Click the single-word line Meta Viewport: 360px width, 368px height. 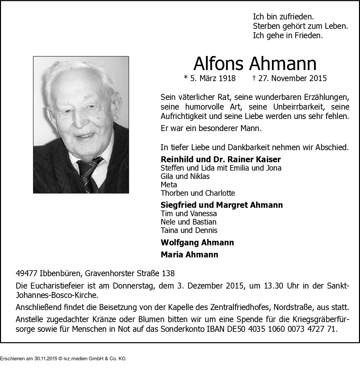pyautogui.click(x=169, y=185)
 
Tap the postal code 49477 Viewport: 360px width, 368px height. pyautogui.click(x=26, y=273)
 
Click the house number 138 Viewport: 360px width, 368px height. pyautogui.click(x=168, y=273)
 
